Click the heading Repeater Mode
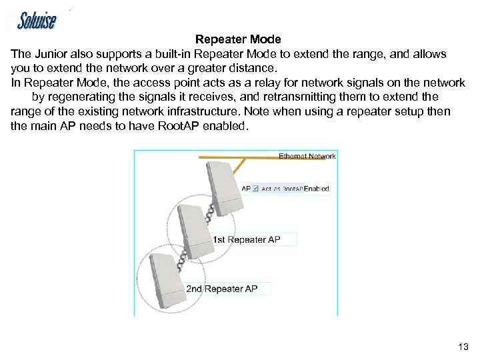tap(238, 40)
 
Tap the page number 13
tap(463, 347)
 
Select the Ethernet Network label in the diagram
tap(307, 157)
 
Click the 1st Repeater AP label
tap(247, 239)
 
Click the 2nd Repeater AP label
tap(222, 289)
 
